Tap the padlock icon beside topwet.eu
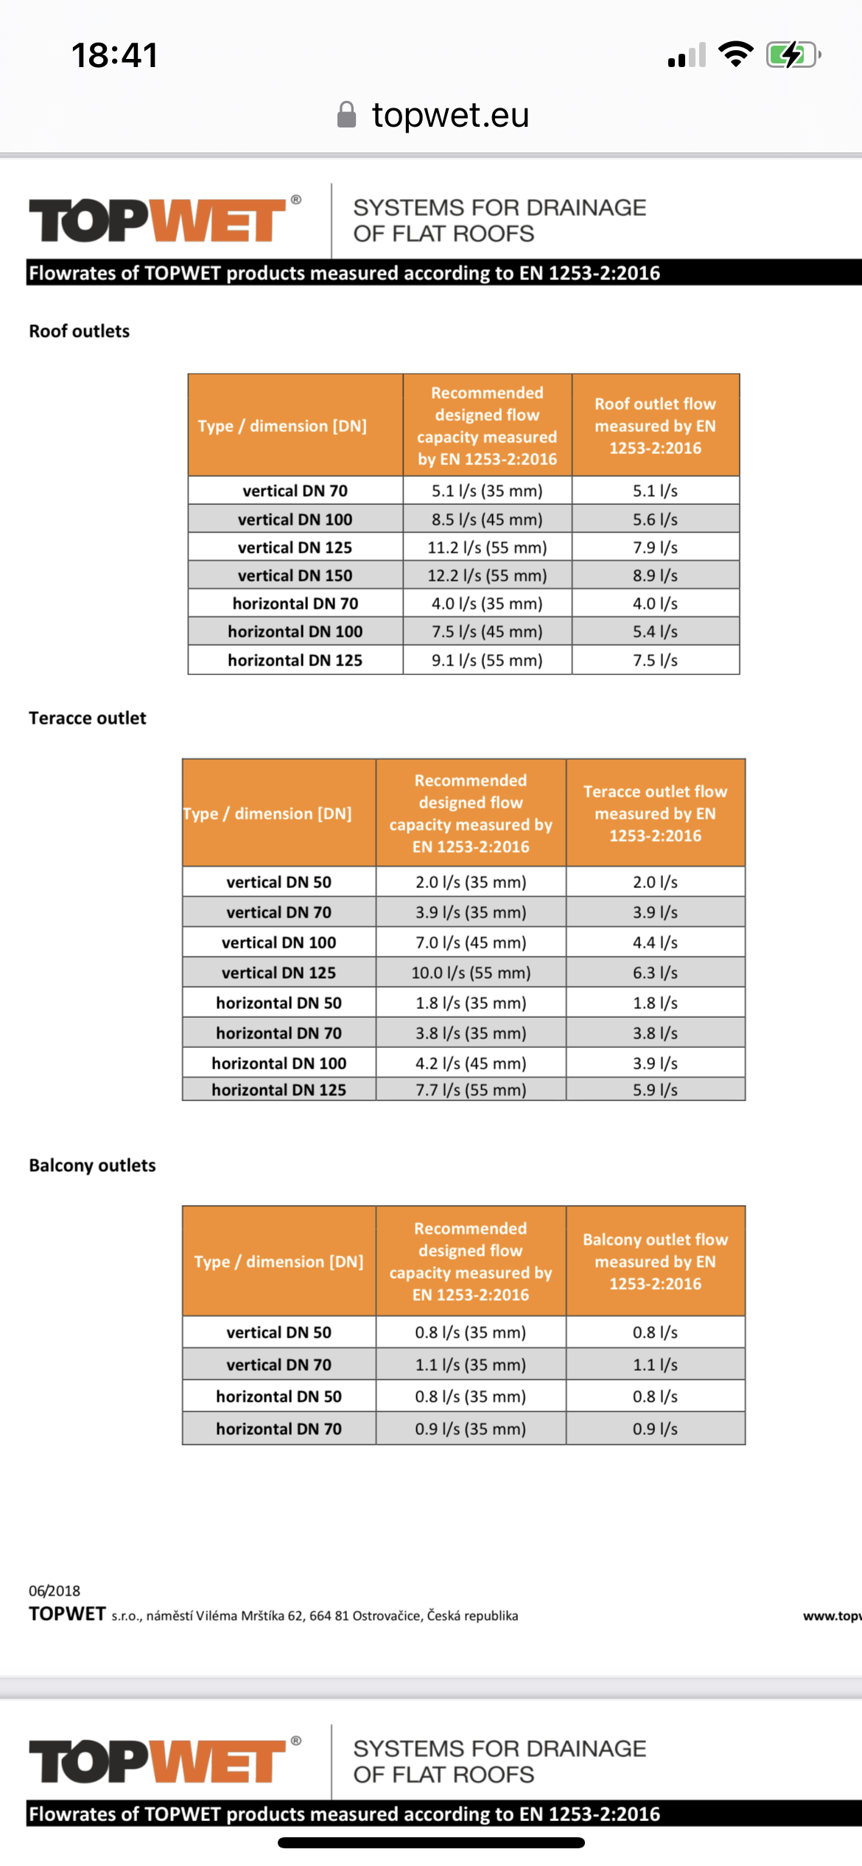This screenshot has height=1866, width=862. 346,115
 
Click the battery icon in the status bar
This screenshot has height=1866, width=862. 793,55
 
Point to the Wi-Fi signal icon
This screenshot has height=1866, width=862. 735,54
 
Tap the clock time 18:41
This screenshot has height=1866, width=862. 115,55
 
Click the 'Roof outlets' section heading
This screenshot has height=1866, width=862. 80,331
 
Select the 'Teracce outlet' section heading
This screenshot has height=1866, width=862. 88,718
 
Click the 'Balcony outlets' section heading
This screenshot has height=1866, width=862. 93,1165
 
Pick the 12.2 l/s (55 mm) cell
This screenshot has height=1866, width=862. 487,576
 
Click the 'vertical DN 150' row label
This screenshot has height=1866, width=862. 295,576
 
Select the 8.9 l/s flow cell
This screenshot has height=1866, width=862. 655,576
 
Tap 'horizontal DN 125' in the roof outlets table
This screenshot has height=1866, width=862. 295,660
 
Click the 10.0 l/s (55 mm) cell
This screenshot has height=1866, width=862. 471,973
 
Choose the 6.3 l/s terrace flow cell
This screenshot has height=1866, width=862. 655,973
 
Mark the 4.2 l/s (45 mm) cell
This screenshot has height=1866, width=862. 471,1063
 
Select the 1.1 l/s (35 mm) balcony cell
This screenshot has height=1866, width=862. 471,1365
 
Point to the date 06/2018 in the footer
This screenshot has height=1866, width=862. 55,1590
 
